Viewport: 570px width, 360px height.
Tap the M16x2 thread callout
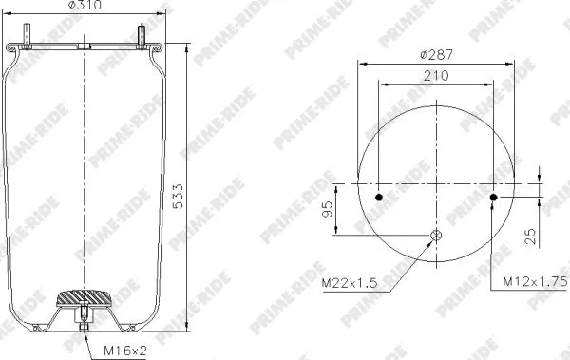click(x=124, y=351)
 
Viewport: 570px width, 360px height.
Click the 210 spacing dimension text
click(x=436, y=74)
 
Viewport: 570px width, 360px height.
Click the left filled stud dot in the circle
click(x=379, y=198)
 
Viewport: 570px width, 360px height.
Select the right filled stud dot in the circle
click(x=494, y=198)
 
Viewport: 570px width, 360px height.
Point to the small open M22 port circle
click(x=436, y=236)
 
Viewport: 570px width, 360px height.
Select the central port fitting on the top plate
click(x=85, y=46)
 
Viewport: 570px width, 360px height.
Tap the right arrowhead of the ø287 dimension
click(x=515, y=62)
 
